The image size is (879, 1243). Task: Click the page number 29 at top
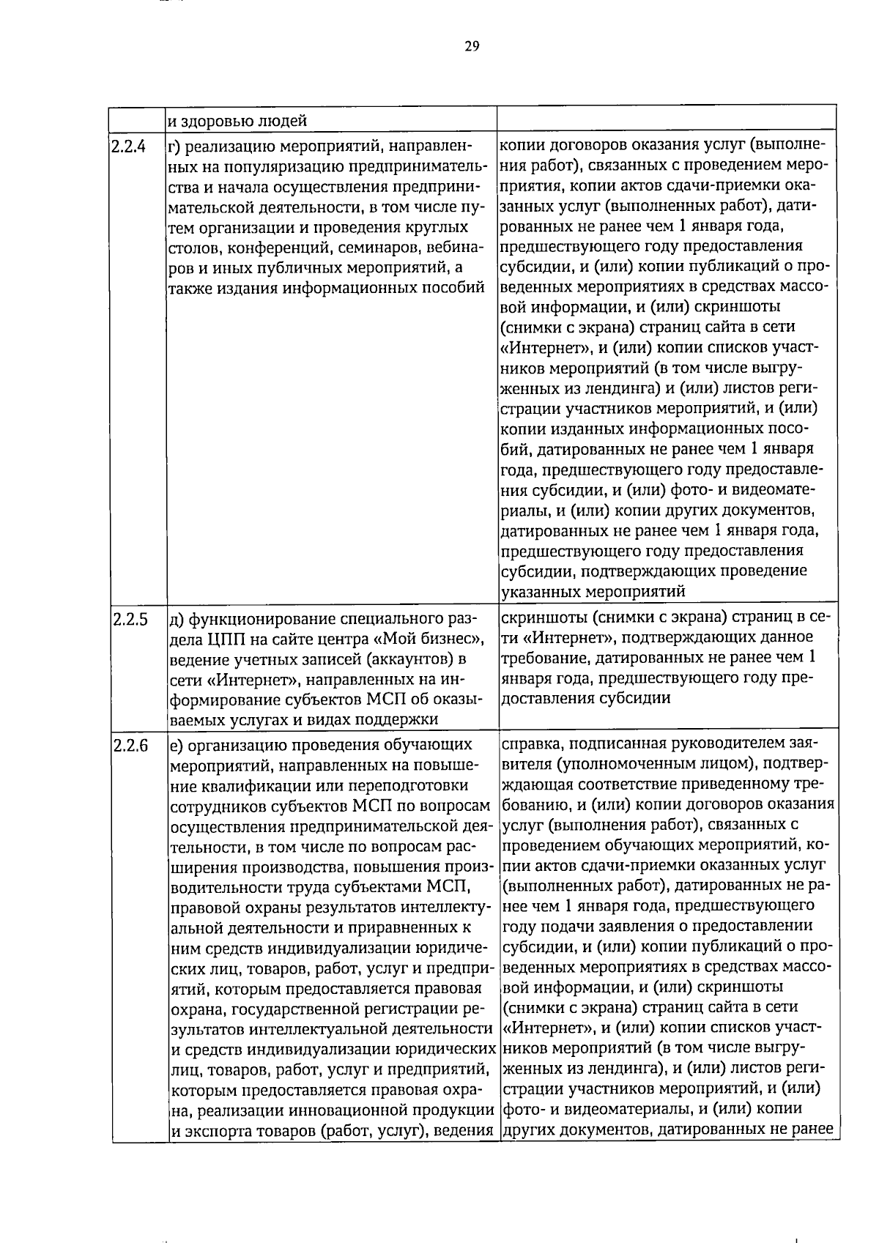471,48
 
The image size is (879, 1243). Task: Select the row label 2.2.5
130,620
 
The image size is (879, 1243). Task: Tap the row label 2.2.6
130,746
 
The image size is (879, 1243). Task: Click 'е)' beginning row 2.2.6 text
175,746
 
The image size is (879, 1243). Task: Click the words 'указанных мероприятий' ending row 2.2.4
593,591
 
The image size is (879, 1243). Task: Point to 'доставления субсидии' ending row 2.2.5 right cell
585,698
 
